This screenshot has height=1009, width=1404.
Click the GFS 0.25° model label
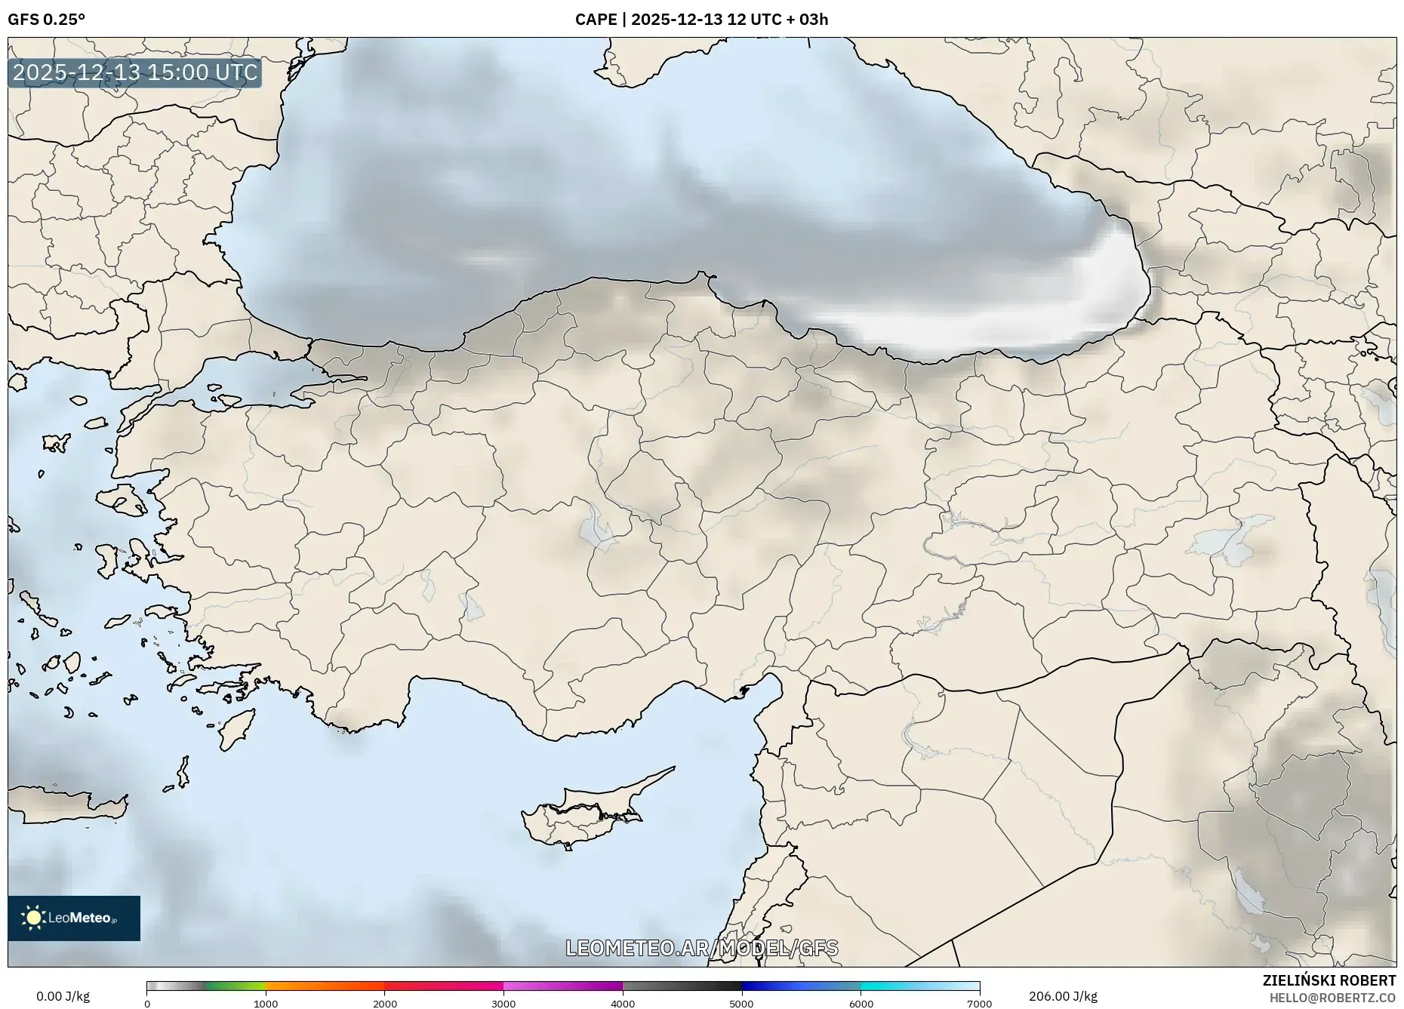[46, 20]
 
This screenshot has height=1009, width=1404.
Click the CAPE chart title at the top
[701, 20]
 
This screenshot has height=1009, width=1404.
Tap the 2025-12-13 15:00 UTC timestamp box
[135, 72]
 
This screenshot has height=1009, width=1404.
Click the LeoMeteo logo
[74, 918]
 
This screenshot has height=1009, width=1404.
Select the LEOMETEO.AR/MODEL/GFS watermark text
[701, 948]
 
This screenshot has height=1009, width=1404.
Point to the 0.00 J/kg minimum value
[63, 996]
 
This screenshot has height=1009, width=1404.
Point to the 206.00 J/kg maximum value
[1063, 996]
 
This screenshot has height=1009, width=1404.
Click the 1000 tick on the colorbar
[266, 1004]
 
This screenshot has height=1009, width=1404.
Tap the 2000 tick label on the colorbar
[385, 1004]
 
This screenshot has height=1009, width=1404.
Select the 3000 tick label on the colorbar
[503, 1004]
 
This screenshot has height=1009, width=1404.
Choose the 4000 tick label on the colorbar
[623, 1004]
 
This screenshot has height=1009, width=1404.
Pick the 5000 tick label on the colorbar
[741, 1004]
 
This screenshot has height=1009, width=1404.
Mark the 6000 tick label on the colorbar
[861, 1004]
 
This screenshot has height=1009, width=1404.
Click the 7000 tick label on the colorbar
[979, 1004]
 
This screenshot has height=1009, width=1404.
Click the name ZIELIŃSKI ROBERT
[1329, 980]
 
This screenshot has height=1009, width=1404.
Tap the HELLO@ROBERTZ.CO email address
[1332, 998]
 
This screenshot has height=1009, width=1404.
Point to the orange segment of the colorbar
[325, 986]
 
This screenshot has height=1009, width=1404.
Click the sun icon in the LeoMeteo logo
[33, 918]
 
